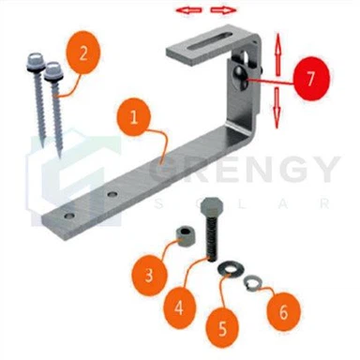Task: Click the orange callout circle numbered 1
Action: pos(134,119)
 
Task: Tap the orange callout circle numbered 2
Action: pos(84,53)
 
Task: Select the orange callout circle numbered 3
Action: pos(149,276)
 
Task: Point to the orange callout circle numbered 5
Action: pos(222,328)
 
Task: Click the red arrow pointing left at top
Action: pos(191,10)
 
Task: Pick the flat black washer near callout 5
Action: pos(227,271)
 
